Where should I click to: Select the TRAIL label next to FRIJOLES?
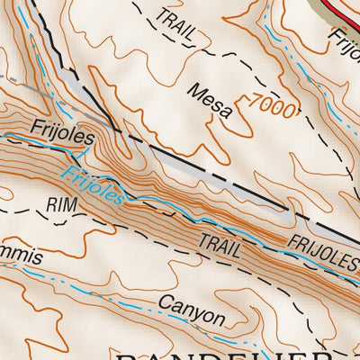(220, 245)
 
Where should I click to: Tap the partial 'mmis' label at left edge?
(20, 256)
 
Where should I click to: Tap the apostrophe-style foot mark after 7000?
(296, 106)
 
